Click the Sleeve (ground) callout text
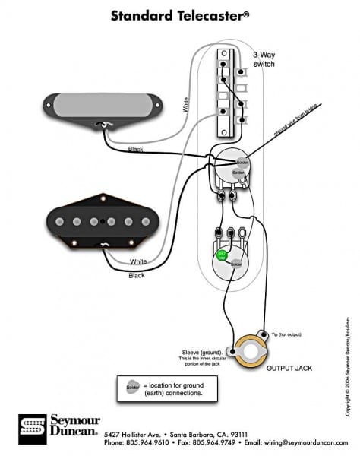(202, 350)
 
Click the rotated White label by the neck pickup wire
(185, 105)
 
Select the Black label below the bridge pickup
(137, 275)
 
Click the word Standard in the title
(142, 14)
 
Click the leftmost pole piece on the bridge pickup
(59, 221)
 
